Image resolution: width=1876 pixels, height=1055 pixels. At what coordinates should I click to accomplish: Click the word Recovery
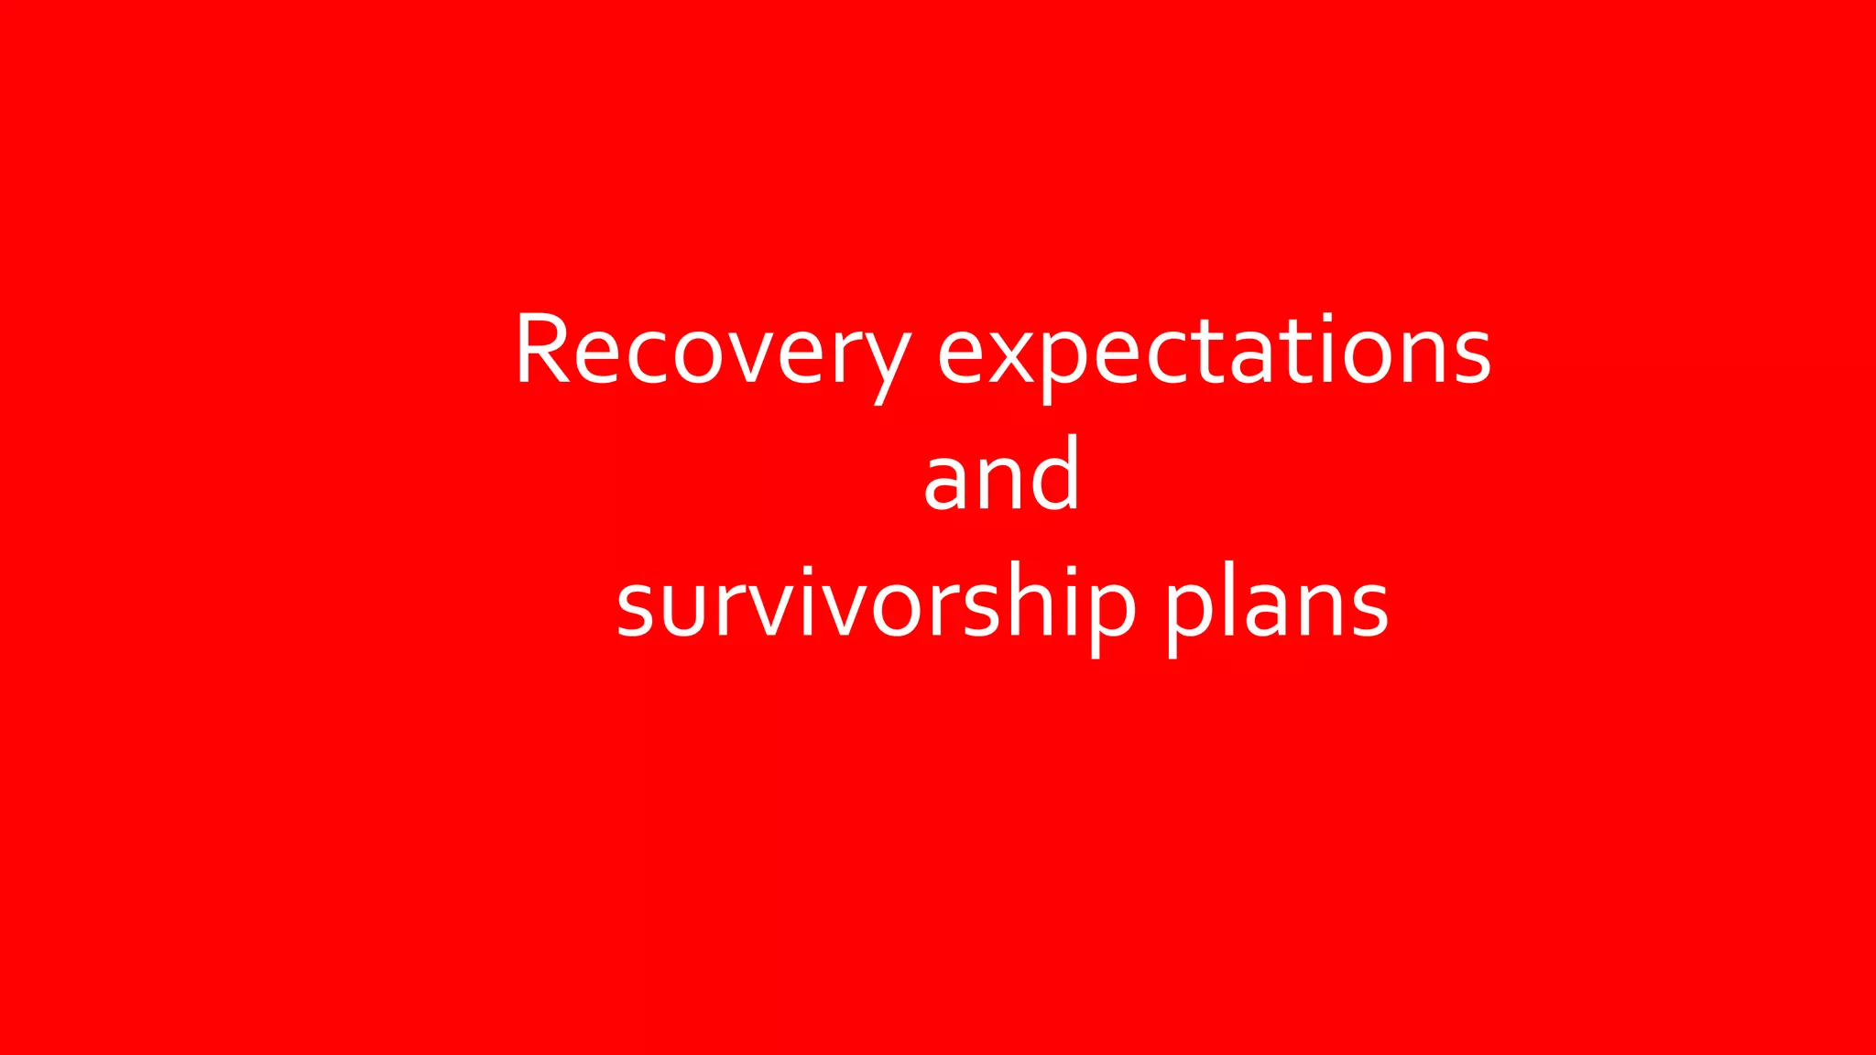pos(713,352)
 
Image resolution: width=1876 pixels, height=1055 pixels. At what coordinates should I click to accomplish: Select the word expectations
pos(1215,352)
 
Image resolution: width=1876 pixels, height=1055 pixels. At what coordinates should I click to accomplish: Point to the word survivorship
pos(876,604)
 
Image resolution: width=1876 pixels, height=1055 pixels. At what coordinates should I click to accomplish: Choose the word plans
pos(1278,604)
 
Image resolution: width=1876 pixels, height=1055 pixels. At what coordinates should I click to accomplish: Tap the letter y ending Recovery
pos(884,361)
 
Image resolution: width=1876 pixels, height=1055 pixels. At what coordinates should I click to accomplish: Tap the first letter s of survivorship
pos(634,608)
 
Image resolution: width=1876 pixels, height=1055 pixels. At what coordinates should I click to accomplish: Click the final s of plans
pos(1369,608)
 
